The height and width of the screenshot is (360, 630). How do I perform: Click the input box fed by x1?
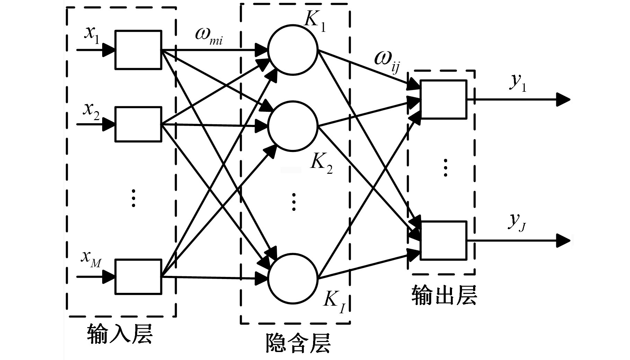(138, 50)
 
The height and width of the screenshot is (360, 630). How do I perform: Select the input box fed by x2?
(138, 124)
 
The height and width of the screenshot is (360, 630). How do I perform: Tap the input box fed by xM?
(138, 277)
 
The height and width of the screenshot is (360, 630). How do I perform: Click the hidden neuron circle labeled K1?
(293, 50)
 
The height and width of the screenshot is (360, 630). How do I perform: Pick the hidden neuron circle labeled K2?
(293, 126)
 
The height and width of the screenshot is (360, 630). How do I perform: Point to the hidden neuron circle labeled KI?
(293, 278)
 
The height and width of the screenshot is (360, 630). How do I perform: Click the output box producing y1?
(443, 99)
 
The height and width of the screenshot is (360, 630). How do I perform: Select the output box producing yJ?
(443, 240)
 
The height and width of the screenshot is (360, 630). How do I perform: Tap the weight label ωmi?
(209, 35)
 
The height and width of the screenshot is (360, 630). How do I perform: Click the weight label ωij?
(387, 61)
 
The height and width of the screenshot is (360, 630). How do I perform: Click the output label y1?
(518, 83)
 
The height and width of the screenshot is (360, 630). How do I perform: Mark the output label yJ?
(517, 222)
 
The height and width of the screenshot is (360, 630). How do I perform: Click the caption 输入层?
(120, 334)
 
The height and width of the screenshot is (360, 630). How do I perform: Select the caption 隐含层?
(298, 343)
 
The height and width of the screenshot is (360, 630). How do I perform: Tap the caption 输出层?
(444, 295)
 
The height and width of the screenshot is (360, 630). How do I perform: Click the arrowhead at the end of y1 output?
(563, 100)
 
